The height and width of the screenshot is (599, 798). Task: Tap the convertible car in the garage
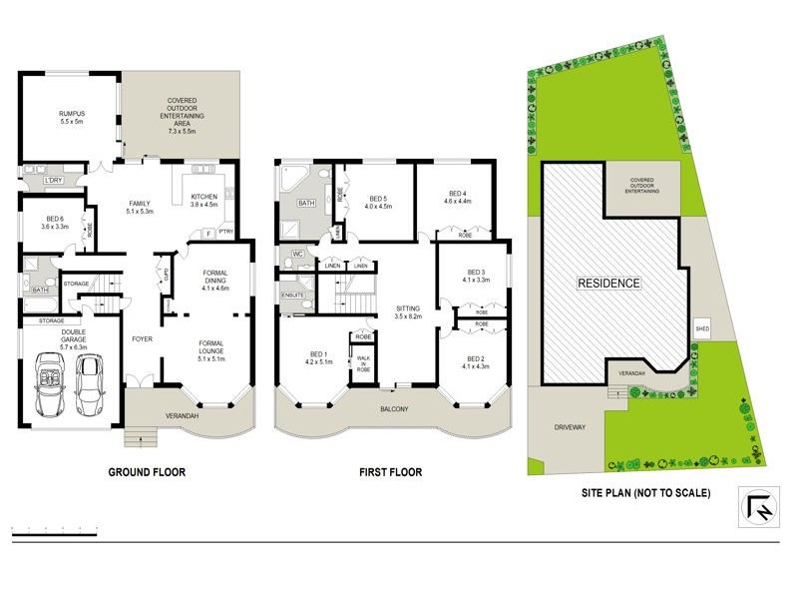(x=49, y=383)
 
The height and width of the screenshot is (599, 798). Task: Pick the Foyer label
(x=143, y=339)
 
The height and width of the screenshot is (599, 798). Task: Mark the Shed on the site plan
(x=701, y=326)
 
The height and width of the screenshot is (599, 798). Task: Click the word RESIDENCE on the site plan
(x=608, y=283)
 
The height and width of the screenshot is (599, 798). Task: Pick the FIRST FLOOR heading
(x=391, y=472)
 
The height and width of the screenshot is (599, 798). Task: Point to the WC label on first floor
(x=297, y=255)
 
